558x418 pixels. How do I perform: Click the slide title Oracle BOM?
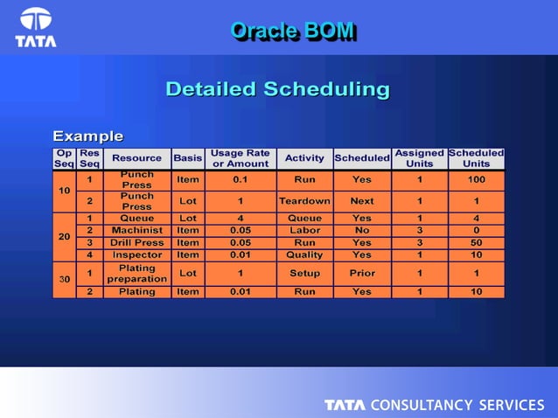292,31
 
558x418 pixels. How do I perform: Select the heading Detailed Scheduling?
277,89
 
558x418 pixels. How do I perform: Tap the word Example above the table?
87,136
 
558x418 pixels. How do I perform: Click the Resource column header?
136,158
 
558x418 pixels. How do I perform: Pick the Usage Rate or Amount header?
240,158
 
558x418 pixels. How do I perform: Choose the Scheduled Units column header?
476,158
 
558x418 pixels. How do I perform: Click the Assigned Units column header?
419,158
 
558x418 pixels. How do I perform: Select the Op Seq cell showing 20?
64,236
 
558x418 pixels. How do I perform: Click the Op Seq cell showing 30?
64,279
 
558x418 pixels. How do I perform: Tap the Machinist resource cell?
136,230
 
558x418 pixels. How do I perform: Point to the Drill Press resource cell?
136,242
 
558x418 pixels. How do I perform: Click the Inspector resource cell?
136,254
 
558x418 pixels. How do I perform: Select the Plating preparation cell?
136,273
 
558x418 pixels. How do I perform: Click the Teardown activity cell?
303,201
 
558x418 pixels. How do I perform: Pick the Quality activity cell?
303,254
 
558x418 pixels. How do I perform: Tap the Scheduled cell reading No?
361,230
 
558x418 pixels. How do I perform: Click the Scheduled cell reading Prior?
361,273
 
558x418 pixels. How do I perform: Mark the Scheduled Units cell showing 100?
476,179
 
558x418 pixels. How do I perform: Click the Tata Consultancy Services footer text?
434,405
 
